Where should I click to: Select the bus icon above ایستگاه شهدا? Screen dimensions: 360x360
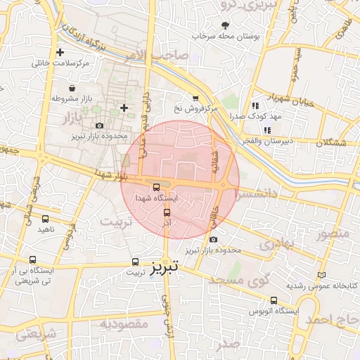pyautogui.click(x=156, y=187)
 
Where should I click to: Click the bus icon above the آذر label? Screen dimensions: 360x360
pyautogui.click(x=167, y=212)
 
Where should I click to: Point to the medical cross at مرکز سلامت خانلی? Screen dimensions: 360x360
pyautogui.click(x=60, y=52)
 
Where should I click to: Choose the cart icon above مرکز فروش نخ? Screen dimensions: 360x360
pyautogui.click(x=195, y=98)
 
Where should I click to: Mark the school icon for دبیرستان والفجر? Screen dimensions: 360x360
pyautogui.click(x=267, y=130)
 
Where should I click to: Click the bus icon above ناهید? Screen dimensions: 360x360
pyautogui.click(x=46, y=219)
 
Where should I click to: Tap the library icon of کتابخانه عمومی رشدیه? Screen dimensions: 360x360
pyautogui.click(x=322, y=275)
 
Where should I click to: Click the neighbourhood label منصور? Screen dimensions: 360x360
pyautogui.click(x=333, y=233)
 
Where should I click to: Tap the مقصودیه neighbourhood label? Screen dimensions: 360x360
pyautogui.click(x=123, y=324)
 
